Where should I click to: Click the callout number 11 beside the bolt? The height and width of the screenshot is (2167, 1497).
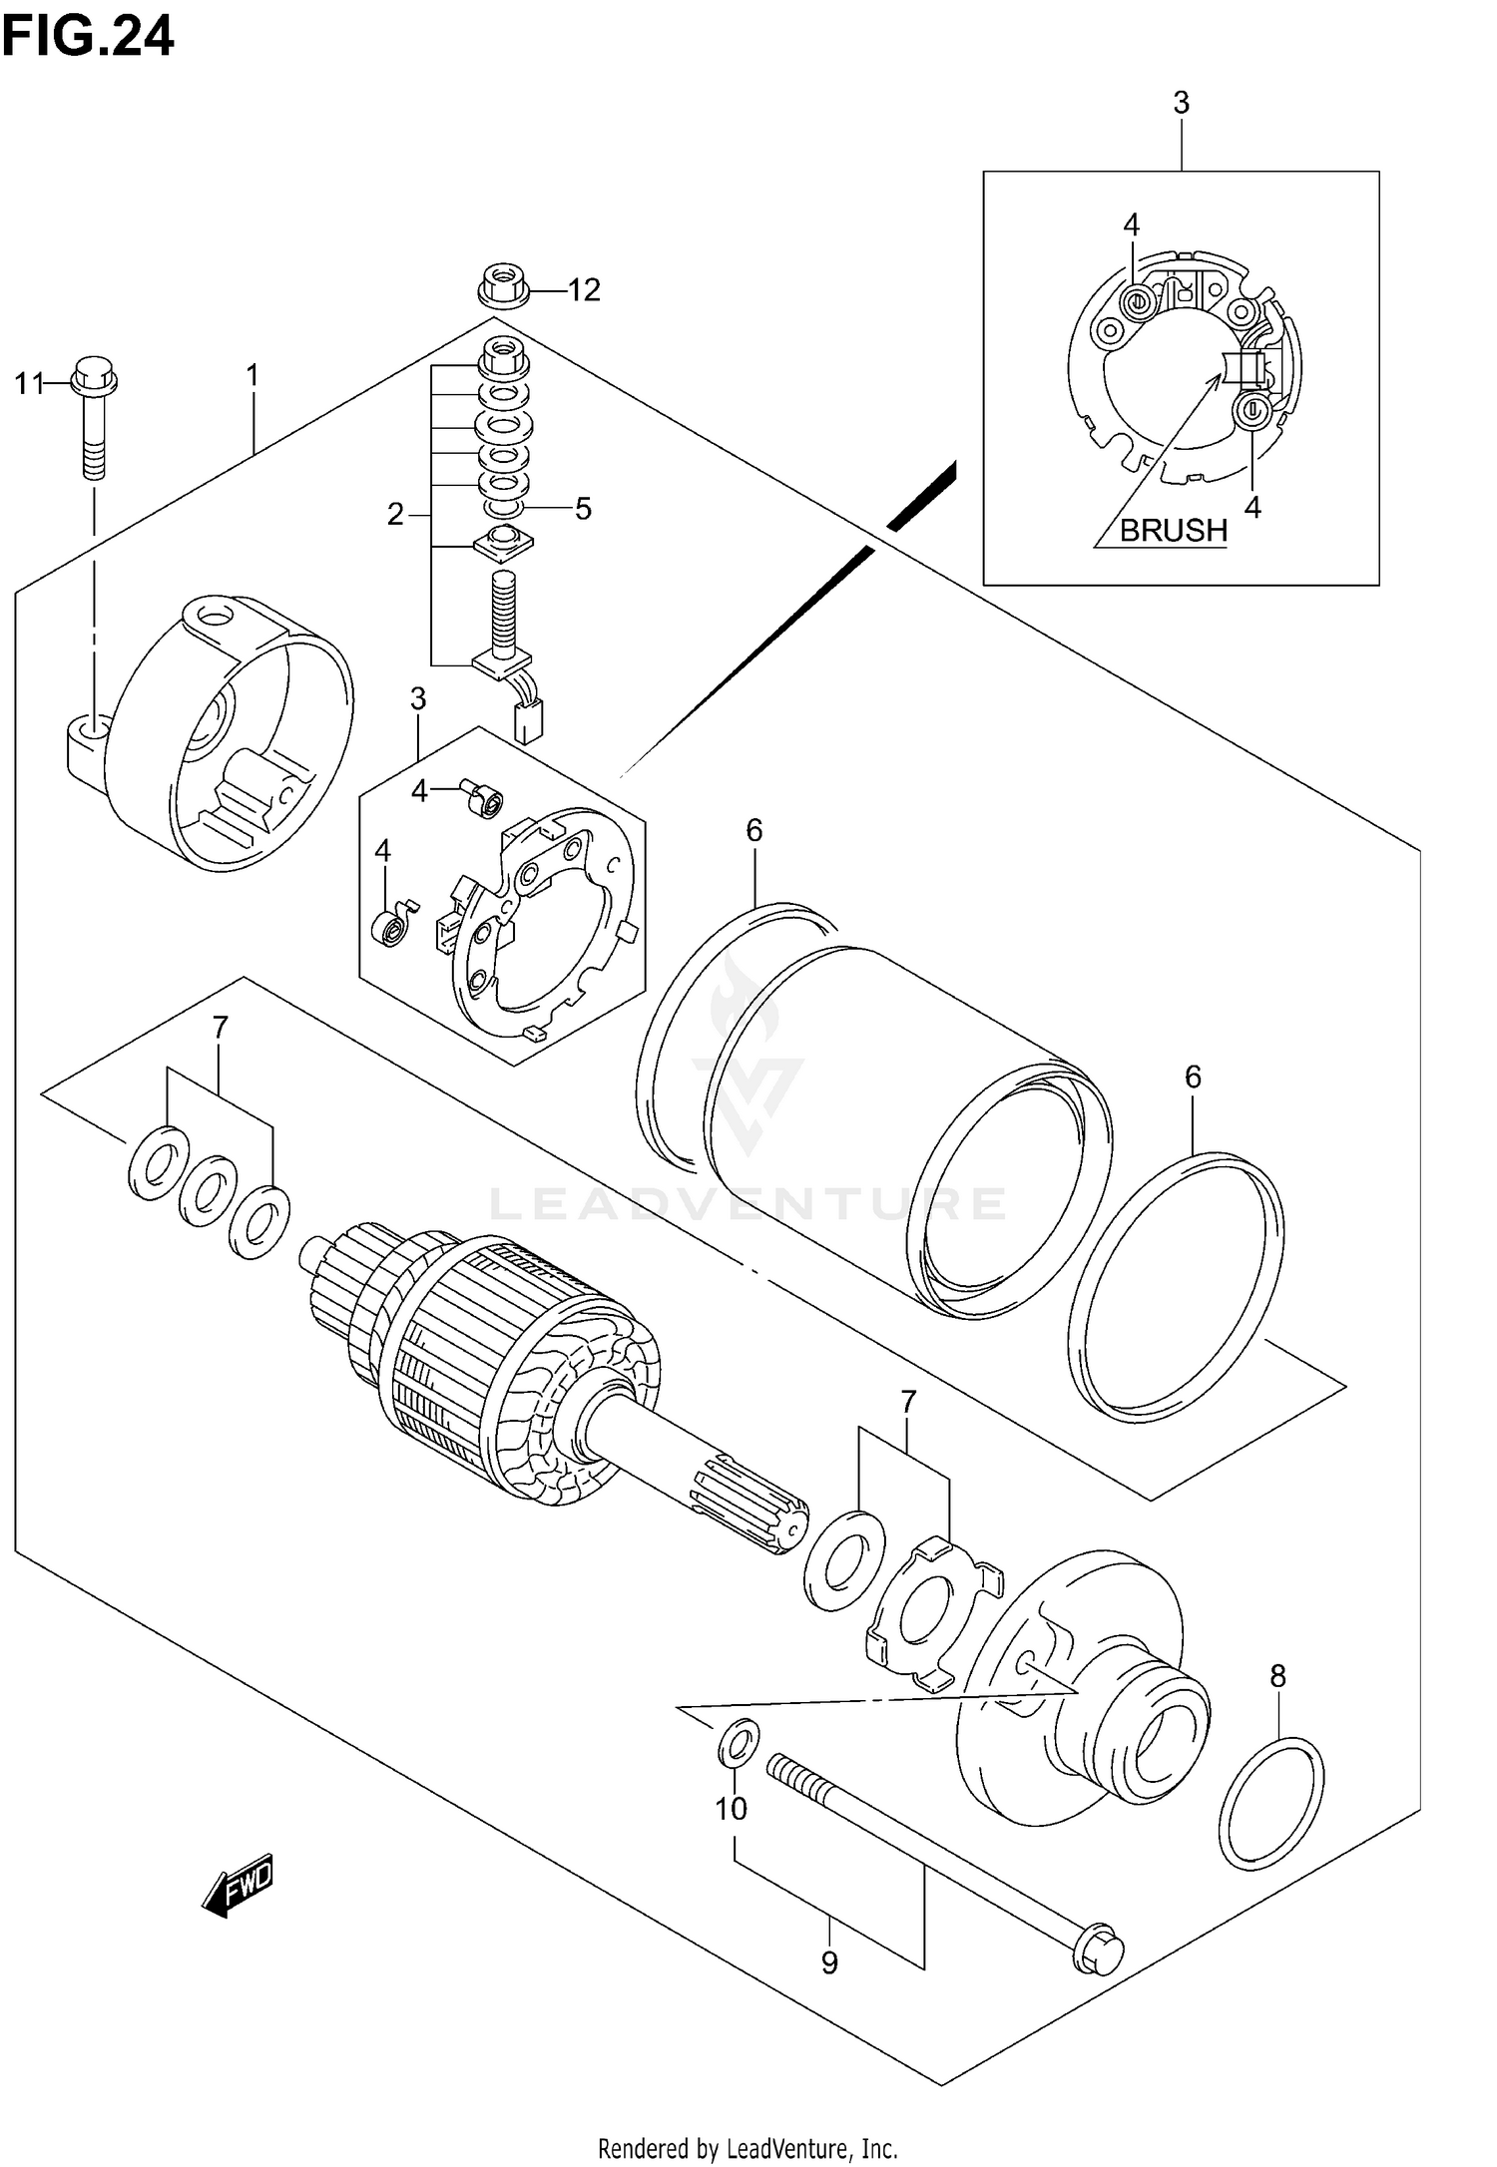tap(29, 382)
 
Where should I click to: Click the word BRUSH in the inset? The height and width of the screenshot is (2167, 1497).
tap(1173, 530)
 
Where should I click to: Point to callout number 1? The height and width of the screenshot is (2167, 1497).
tap(252, 375)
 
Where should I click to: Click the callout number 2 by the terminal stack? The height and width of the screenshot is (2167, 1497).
tap(396, 515)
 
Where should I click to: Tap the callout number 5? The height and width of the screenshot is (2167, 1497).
tap(583, 509)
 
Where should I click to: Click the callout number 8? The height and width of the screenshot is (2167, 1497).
tap(1277, 1677)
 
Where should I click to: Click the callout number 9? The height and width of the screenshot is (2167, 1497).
tap(829, 1963)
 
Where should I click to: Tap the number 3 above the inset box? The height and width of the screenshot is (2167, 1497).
tap(1181, 103)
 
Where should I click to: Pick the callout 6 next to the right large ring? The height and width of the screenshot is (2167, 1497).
tap(1193, 1077)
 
